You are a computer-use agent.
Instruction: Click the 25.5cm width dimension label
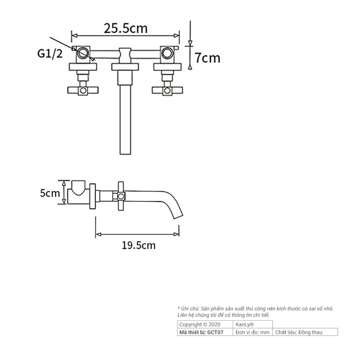(x=126, y=28)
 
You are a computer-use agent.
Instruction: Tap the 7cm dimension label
(x=207, y=58)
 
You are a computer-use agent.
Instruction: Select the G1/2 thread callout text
(x=49, y=54)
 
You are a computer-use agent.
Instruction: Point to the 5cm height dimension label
(x=50, y=193)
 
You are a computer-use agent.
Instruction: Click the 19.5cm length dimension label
(x=139, y=245)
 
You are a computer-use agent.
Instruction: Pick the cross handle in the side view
(x=121, y=196)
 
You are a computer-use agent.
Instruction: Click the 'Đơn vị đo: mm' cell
(x=252, y=332)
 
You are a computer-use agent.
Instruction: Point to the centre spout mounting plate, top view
(x=126, y=67)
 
